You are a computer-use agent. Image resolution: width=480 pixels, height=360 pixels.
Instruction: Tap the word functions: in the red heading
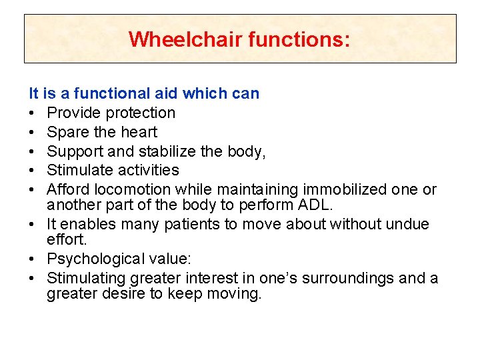click(298, 39)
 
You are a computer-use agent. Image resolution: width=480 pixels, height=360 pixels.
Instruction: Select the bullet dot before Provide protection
click(33, 113)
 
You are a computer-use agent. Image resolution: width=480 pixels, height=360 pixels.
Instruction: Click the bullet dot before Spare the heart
click(33, 132)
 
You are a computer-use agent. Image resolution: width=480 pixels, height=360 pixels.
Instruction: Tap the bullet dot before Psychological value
click(33, 259)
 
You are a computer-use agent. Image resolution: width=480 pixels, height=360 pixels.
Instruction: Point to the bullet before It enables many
click(33, 225)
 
